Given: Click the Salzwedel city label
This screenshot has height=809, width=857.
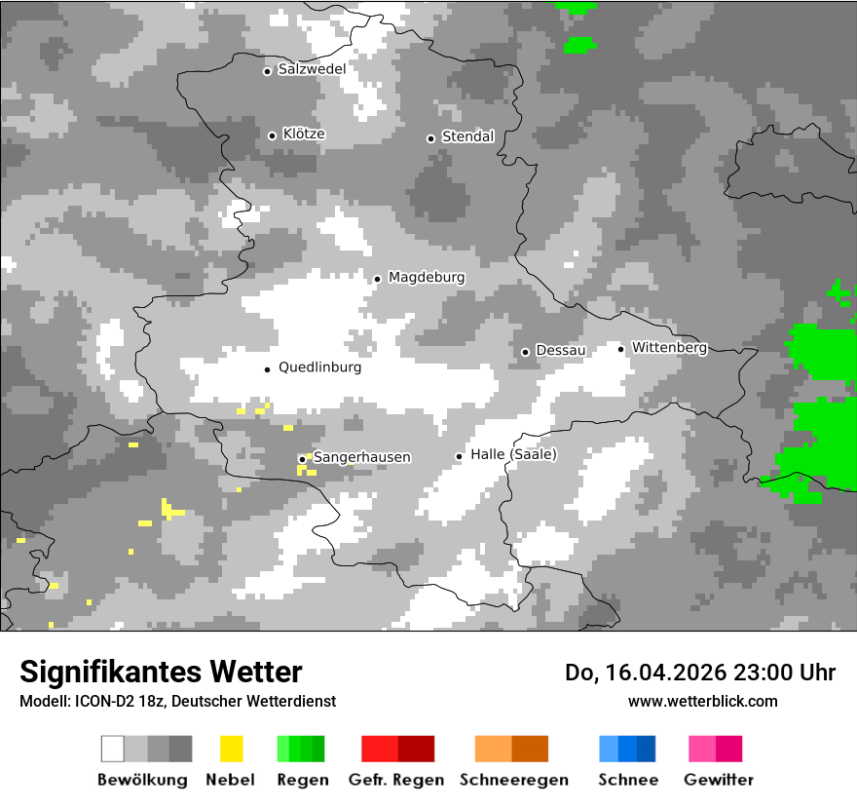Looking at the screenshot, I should [x=312, y=69].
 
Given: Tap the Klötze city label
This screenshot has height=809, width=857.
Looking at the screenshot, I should [x=304, y=134].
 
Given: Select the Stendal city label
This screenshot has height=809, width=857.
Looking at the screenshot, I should [x=468, y=136].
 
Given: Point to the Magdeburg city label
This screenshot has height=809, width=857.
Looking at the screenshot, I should [x=427, y=278].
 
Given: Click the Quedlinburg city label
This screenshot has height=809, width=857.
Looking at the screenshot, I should [x=319, y=367].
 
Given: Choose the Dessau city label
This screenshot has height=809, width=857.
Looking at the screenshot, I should [x=561, y=350].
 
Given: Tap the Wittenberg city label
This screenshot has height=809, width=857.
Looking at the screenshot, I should [x=669, y=347].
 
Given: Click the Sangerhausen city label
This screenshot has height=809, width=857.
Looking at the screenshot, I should [x=361, y=457].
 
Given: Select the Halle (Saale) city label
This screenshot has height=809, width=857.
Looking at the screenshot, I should [x=513, y=454].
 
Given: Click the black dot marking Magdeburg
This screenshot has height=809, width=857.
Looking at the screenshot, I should [x=377, y=279].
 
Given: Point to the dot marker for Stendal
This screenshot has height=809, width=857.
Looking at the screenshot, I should [x=430, y=138].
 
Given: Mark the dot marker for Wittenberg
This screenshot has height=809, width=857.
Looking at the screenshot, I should [x=620, y=348].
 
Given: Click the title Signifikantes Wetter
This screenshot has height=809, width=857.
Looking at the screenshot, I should [x=161, y=672].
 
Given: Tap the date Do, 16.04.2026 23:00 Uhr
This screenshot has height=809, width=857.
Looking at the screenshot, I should [x=700, y=673].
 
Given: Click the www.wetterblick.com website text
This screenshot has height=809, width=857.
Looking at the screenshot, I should [x=702, y=701].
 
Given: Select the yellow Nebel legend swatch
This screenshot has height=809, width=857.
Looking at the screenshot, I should [x=232, y=749].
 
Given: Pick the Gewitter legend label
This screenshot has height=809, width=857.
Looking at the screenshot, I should [x=719, y=780].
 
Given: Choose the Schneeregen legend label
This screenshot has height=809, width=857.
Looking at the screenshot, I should [x=514, y=780].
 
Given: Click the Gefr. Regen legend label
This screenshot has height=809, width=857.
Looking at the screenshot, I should [x=396, y=780].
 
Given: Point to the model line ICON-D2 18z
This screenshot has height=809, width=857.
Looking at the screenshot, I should [x=177, y=701].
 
